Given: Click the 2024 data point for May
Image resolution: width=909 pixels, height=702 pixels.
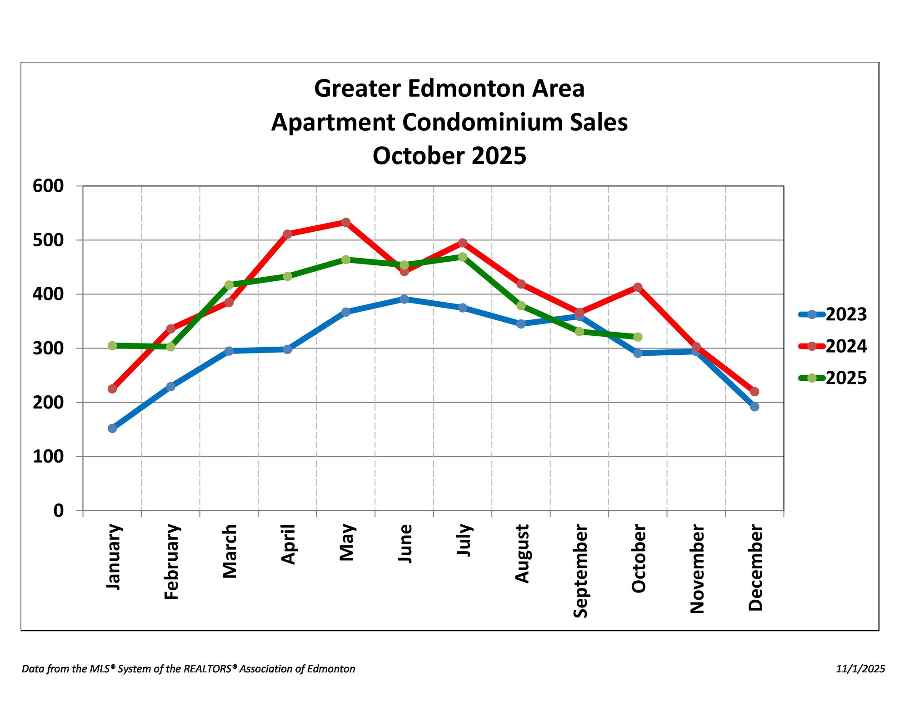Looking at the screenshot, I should (x=345, y=222).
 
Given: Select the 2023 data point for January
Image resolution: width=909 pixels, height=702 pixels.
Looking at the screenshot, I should (x=112, y=428).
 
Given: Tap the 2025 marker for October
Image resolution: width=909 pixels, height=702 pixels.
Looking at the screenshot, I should (x=638, y=337).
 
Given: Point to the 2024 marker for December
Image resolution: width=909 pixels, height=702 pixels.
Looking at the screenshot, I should (x=754, y=392).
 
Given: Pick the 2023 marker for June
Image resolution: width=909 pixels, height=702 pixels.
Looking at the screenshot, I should (x=404, y=299).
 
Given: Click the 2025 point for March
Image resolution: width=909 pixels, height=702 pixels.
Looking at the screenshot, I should (x=229, y=285).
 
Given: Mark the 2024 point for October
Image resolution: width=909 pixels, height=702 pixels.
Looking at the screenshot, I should (x=638, y=287).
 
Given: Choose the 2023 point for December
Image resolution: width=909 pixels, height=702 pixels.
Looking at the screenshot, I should (x=754, y=407).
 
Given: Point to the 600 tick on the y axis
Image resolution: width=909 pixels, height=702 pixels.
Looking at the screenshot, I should (x=48, y=186).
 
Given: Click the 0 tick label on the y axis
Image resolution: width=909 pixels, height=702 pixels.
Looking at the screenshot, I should (x=59, y=511).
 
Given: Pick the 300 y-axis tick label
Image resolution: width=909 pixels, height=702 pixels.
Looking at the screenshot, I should (x=48, y=349).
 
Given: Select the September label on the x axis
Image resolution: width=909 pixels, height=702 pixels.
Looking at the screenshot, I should (x=580, y=571).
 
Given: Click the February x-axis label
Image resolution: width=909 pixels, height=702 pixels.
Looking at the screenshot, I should (x=171, y=562).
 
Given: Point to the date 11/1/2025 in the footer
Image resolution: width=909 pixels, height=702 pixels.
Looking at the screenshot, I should (x=860, y=669).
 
